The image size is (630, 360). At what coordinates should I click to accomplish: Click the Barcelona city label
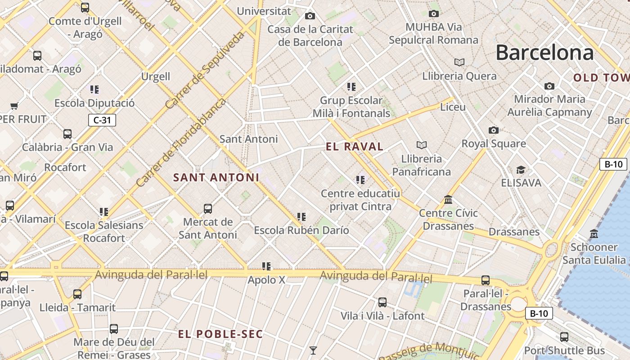point(544,53)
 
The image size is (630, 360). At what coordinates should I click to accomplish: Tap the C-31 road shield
point(102,120)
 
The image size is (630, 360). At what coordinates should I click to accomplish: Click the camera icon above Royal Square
point(494,130)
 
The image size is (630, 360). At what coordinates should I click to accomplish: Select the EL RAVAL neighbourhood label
point(355,146)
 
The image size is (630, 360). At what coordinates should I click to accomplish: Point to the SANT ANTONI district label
point(216,177)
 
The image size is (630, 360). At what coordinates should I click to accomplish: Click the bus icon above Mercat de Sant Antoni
point(207,208)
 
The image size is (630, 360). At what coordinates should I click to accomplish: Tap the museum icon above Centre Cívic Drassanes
point(448,199)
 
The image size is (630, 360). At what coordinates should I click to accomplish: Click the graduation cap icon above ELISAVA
point(521,170)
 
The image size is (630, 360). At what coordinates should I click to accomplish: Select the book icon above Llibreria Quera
point(459,62)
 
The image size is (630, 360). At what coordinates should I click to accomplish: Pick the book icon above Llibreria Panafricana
point(422,145)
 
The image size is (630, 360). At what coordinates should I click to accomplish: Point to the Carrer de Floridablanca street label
point(180,142)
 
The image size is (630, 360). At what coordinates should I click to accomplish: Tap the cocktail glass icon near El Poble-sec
point(313,350)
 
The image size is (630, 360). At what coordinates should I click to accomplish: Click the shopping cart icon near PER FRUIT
point(14,106)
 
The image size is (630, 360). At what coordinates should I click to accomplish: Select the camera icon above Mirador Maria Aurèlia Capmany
point(549,86)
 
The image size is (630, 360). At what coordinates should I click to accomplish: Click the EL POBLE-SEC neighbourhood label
point(220,334)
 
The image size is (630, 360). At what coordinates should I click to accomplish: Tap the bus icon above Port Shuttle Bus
point(564,337)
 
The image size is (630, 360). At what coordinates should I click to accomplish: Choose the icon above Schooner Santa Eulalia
point(594,234)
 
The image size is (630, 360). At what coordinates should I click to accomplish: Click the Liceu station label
point(453,107)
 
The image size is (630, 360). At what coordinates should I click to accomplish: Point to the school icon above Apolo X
point(266,266)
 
